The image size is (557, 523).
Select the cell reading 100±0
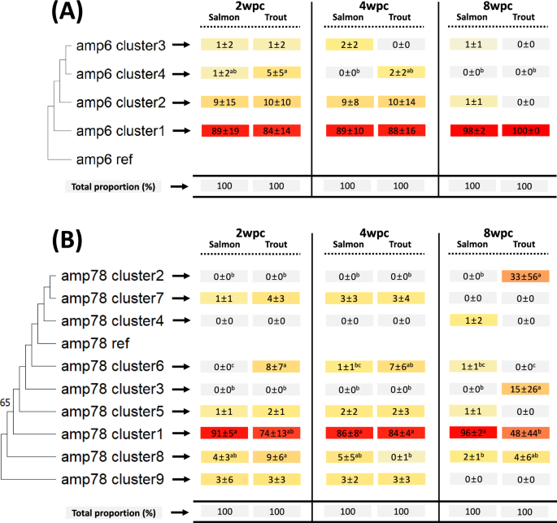pos(525,130)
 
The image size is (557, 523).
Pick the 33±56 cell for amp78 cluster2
pos(525,278)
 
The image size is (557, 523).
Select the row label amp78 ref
pos(98,320)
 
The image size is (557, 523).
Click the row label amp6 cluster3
pos(121,47)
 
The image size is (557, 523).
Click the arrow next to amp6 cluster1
pos(186,130)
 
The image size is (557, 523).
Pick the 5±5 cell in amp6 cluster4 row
pos(277,75)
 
